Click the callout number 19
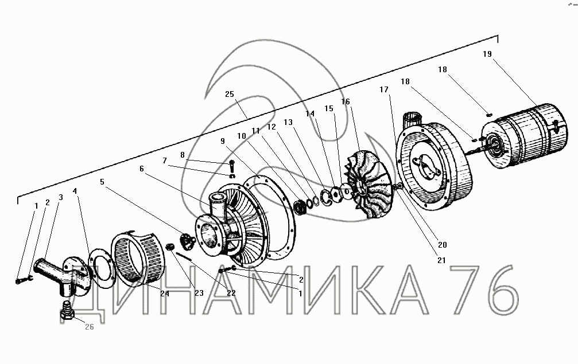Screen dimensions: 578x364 pyautogui.click(x=487, y=54)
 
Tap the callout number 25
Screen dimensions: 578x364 pyautogui.click(x=229, y=94)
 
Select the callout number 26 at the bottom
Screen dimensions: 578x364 pyautogui.click(x=90, y=327)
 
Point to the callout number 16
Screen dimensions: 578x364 pyautogui.click(x=346, y=101)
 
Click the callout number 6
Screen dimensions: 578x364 pyautogui.click(x=142, y=169)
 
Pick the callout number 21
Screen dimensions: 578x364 pyautogui.click(x=441, y=260)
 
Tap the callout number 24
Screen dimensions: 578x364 pyautogui.click(x=165, y=293)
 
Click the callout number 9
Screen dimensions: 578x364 pyautogui.click(x=223, y=142)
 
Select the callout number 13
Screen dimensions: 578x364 pyautogui.click(x=288, y=122)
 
